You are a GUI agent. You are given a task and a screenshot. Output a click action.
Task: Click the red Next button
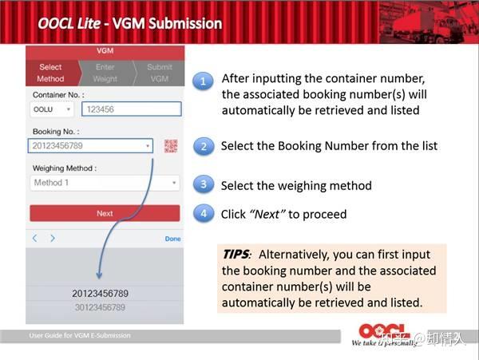tap(105, 213)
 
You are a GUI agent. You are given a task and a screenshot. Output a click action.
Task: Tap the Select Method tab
tap(50, 73)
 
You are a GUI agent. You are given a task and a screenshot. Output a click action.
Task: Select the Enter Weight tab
tap(105, 73)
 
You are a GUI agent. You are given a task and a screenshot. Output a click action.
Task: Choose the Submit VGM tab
tap(159, 73)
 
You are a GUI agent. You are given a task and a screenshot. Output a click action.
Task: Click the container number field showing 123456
tap(131, 109)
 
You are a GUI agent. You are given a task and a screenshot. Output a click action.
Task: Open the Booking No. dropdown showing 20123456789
tap(91, 146)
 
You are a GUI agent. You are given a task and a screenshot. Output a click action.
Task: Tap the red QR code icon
tap(171, 146)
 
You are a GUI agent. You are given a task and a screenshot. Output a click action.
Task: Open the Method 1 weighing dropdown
tap(105, 183)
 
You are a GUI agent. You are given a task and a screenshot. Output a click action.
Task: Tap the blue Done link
tap(172, 239)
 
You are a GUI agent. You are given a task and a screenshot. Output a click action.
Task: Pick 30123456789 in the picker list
tap(100, 307)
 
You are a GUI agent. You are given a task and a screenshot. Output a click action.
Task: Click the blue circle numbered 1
tap(204, 81)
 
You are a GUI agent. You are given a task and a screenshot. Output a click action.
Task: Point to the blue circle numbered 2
tap(204, 147)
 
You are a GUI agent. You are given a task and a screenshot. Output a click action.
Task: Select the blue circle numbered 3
tap(204, 185)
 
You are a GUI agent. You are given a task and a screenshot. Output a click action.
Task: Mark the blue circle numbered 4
tap(204, 214)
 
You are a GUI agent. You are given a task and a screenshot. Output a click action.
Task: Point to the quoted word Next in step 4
tap(267, 214)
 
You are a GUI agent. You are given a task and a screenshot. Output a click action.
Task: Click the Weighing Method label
tap(65, 168)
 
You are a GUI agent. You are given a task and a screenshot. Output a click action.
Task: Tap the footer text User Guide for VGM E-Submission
tap(79, 335)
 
